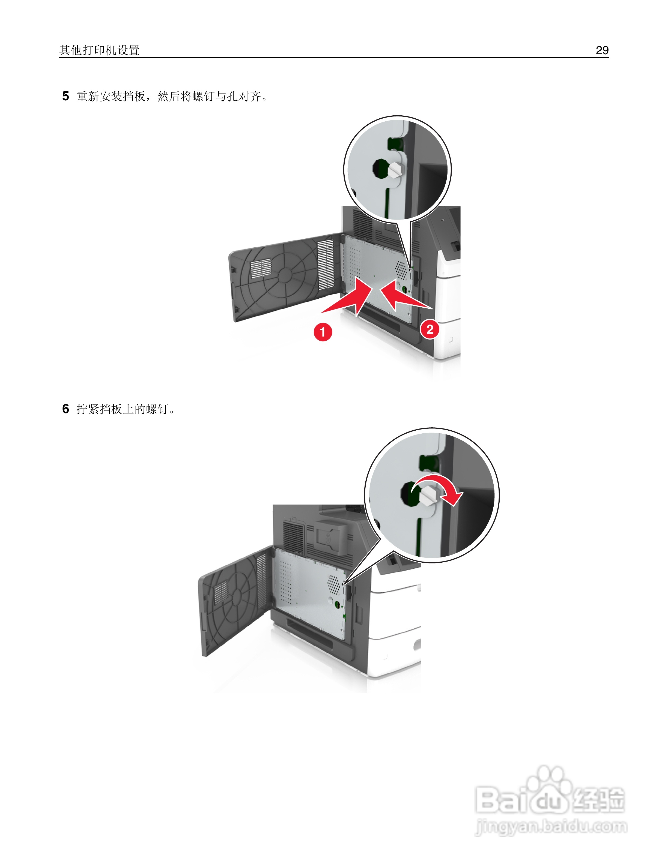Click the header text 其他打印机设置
(99, 50)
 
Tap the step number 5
(66, 96)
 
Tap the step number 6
(66, 409)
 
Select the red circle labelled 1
(323, 332)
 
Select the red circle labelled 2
(430, 329)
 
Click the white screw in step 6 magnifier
(427, 495)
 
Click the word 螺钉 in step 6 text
(157, 409)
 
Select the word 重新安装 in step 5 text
(99, 96)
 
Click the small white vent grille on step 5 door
(261, 268)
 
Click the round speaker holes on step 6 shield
(334, 585)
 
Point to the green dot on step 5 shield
(404, 289)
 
